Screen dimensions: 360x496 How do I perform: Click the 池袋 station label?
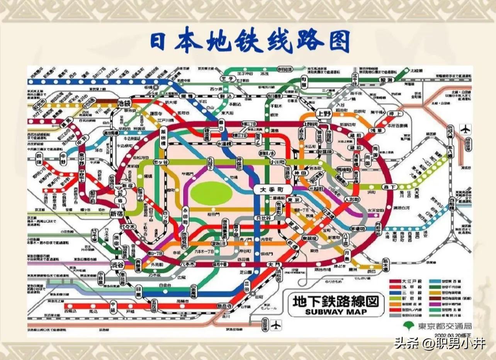pos(123,103)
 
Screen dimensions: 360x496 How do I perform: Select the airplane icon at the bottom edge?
pos(276,325)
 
